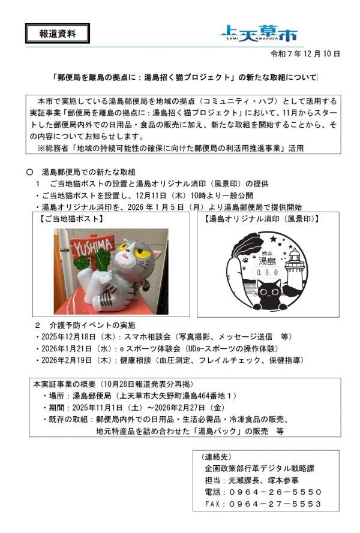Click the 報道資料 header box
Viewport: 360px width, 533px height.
click(58, 34)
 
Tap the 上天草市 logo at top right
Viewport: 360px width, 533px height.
click(257, 32)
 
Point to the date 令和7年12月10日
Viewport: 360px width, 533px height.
click(306, 54)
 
